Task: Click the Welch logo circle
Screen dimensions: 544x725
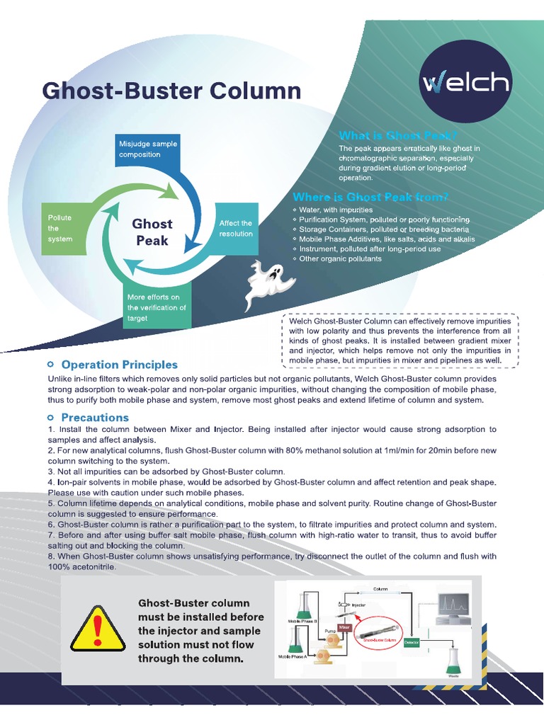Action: pos(465,84)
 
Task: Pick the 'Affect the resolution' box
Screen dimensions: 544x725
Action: pos(235,228)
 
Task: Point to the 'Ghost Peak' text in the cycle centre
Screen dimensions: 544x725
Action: pos(152,232)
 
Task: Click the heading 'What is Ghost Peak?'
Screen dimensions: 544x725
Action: pos(398,135)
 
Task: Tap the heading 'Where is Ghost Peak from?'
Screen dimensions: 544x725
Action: pos(370,197)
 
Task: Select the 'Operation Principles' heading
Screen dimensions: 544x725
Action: pos(119,365)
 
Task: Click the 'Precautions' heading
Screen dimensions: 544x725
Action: pos(95,417)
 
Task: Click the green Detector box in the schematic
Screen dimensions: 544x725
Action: pos(411,643)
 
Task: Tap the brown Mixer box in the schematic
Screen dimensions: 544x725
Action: pos(345,627)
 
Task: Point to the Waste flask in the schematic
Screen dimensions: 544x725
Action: pos(453,660)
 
